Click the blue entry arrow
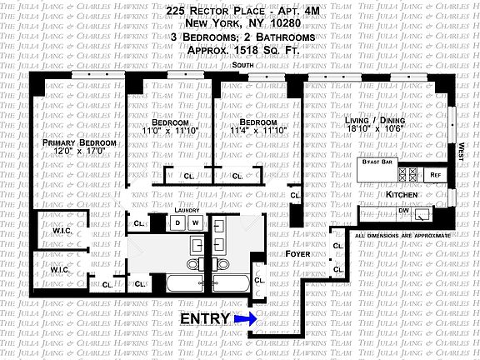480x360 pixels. coord(245,318)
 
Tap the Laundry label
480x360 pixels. coord(187,211)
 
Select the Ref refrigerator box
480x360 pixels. coord(435,175)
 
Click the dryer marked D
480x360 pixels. coord(177,223)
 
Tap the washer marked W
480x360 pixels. coord(196,223)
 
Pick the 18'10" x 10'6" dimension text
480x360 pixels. coord(375,130)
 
